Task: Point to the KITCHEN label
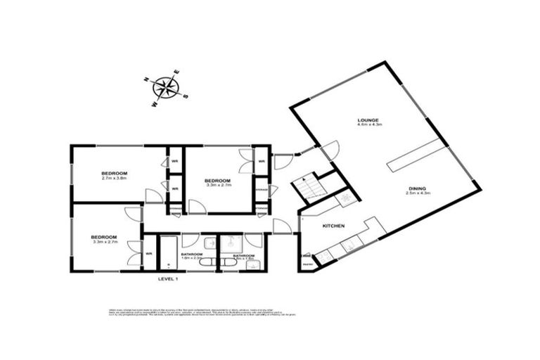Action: (333, 226)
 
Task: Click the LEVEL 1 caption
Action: (169, 279)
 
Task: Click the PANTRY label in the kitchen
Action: (307, 264)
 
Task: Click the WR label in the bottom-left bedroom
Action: (149, 254)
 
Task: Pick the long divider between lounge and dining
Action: (416, 155)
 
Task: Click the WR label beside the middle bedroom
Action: (261, 162)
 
